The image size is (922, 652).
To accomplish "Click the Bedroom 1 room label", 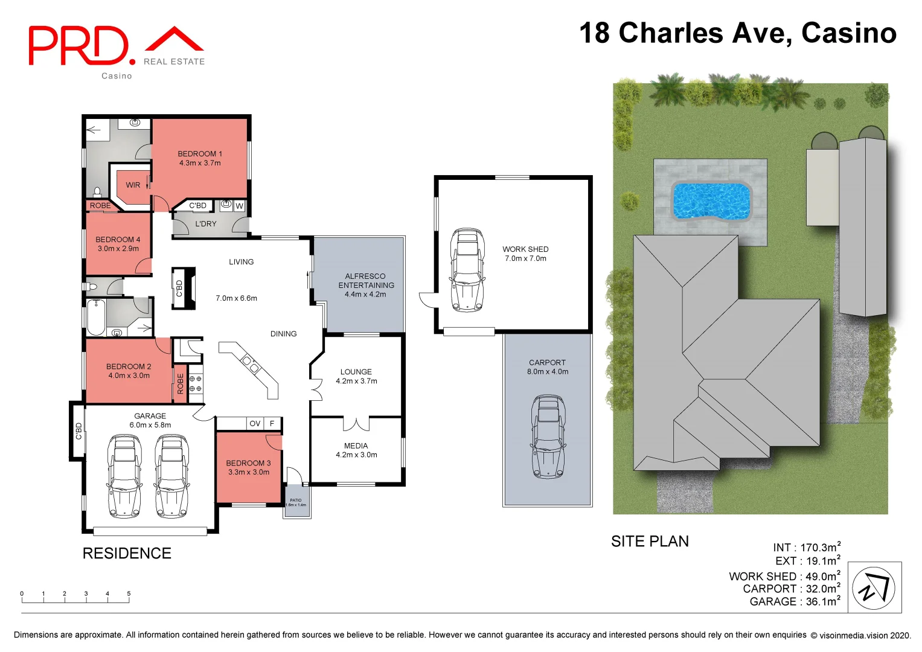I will point(200,154).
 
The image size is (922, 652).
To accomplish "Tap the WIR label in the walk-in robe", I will point(133,185).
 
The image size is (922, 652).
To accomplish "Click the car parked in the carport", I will point(548,436).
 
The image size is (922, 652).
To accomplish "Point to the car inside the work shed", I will point(467,269).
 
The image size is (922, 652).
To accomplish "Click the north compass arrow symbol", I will point(874,587).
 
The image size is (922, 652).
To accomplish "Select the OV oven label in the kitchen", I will point(255,424).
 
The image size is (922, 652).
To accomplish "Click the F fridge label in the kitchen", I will point(272,424).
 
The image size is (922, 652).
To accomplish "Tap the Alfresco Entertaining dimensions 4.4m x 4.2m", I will point(365,295).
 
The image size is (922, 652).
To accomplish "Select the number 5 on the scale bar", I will point(129,594).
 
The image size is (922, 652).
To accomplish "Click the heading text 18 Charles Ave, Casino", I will point(737,33).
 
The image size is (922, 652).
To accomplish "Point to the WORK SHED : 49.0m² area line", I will point(784,577).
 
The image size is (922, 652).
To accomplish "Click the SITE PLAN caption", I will point(650,542).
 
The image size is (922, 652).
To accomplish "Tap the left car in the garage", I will point(124,476).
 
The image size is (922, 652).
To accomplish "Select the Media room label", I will point(356,446).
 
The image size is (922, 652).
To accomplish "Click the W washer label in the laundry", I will point(240,206).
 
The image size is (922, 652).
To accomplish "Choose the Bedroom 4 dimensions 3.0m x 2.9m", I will point(118,249).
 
